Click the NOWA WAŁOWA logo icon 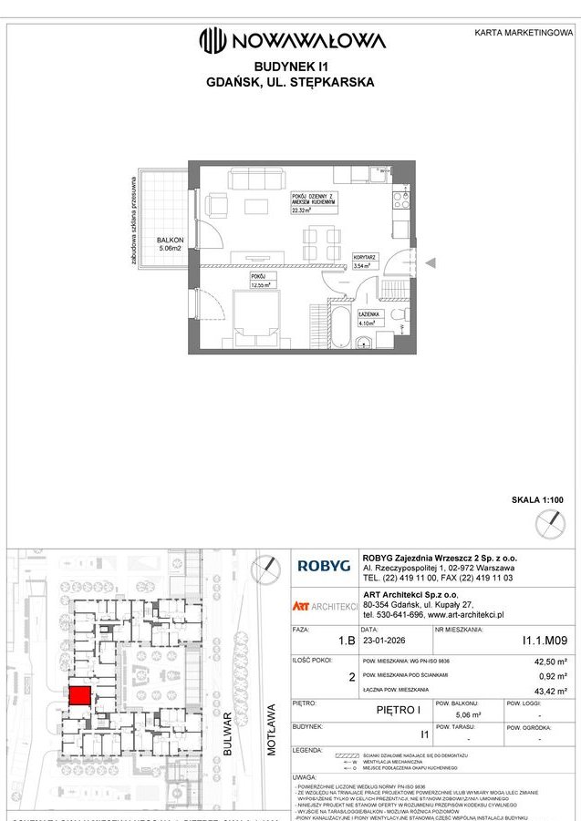tap(213, 39)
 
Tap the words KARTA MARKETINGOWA tap(524, 33)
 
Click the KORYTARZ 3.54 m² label tap(365, 263)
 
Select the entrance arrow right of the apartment tap(432, 263)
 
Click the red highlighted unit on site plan tap(78, 697)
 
